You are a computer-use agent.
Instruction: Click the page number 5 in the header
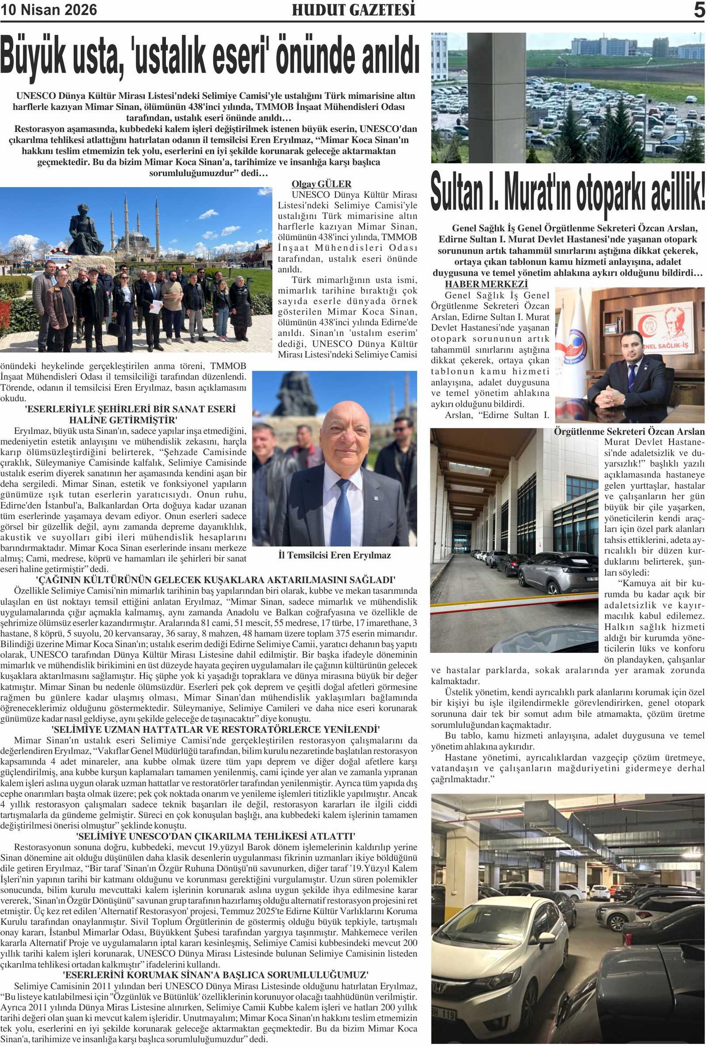point(699,10)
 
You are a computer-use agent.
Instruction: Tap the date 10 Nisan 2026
point(49,10)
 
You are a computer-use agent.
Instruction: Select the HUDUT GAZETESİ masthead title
point(354,10)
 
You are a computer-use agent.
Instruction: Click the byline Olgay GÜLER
point(321,184)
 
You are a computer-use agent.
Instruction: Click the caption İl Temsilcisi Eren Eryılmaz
point(335,555)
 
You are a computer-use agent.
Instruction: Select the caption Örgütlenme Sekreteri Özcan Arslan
point(629,431)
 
